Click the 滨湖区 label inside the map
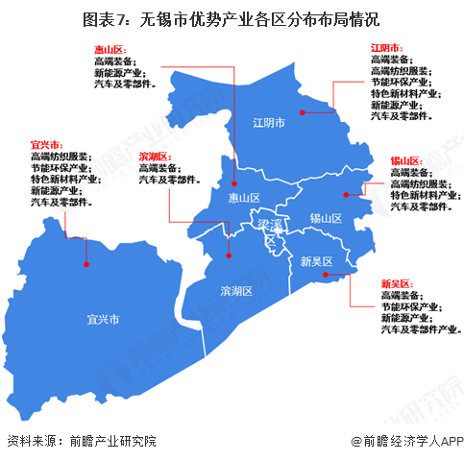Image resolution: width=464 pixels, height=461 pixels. [235, 290]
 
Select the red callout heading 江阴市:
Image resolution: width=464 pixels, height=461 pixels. [385, 47]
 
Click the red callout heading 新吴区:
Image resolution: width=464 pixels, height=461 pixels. [396, 284]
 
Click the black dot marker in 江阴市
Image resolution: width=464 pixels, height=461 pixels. [302, 112]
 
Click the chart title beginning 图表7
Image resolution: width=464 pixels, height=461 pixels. [232, 18]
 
